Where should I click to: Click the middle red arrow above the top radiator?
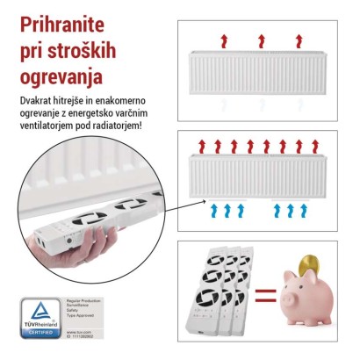[x=261, y=40]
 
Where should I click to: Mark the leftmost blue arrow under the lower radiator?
[x=216, y=210]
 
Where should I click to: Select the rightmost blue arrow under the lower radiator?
[x=305, y=210]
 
